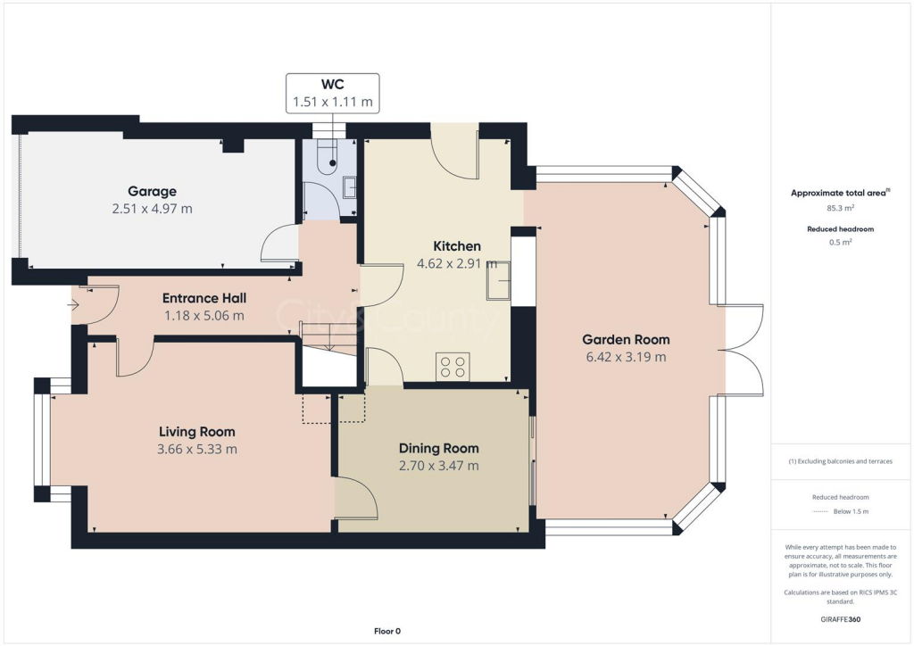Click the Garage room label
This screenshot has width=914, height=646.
pos(152,191)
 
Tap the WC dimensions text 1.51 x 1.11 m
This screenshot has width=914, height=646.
pos(333,103)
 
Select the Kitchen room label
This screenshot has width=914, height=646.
pos(457,246)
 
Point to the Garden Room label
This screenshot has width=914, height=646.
pos(626,339)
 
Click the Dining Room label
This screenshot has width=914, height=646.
pos(438,448)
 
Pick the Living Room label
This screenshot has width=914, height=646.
pos(196,432)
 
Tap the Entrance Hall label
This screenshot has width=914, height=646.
pos(204,298)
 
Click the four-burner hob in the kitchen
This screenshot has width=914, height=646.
pos(453,366)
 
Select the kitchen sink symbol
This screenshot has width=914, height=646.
pos(497,281)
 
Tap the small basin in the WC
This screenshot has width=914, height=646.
pos(350,186)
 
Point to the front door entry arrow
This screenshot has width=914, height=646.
pos(72,305)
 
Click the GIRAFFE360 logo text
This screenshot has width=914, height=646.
pos(841,618)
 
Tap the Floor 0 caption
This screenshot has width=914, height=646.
pos(387,631)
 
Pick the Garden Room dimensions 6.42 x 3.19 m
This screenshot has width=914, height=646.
pos(626,357)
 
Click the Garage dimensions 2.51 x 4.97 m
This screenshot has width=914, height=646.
pos(152,209)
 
